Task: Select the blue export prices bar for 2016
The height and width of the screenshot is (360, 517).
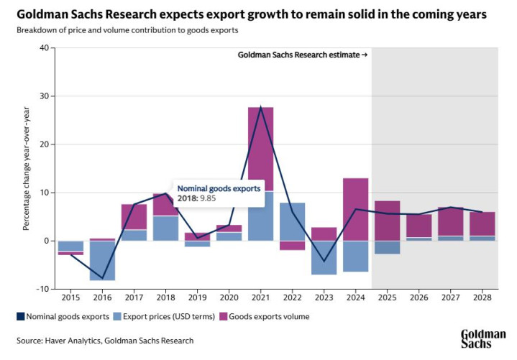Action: click(x=102, y=260)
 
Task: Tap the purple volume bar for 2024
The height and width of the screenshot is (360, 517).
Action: click(x=355, y=209)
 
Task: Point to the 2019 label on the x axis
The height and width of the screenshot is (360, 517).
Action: click(x=197, y=297)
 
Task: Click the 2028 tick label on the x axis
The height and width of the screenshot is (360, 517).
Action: click(x=482, y=297)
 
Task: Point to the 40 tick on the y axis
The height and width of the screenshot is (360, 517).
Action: click(x=42, y=48)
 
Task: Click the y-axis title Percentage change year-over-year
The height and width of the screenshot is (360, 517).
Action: click(x=26, y=169)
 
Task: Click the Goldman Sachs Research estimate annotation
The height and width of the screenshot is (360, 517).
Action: click(x=303, y=55)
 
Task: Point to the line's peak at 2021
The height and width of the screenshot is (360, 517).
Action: click(x=260, y=107)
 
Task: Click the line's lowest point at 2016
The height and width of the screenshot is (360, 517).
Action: click(x=102, y=279)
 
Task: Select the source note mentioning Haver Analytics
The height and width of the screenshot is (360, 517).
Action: click(x=106, y=341)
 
